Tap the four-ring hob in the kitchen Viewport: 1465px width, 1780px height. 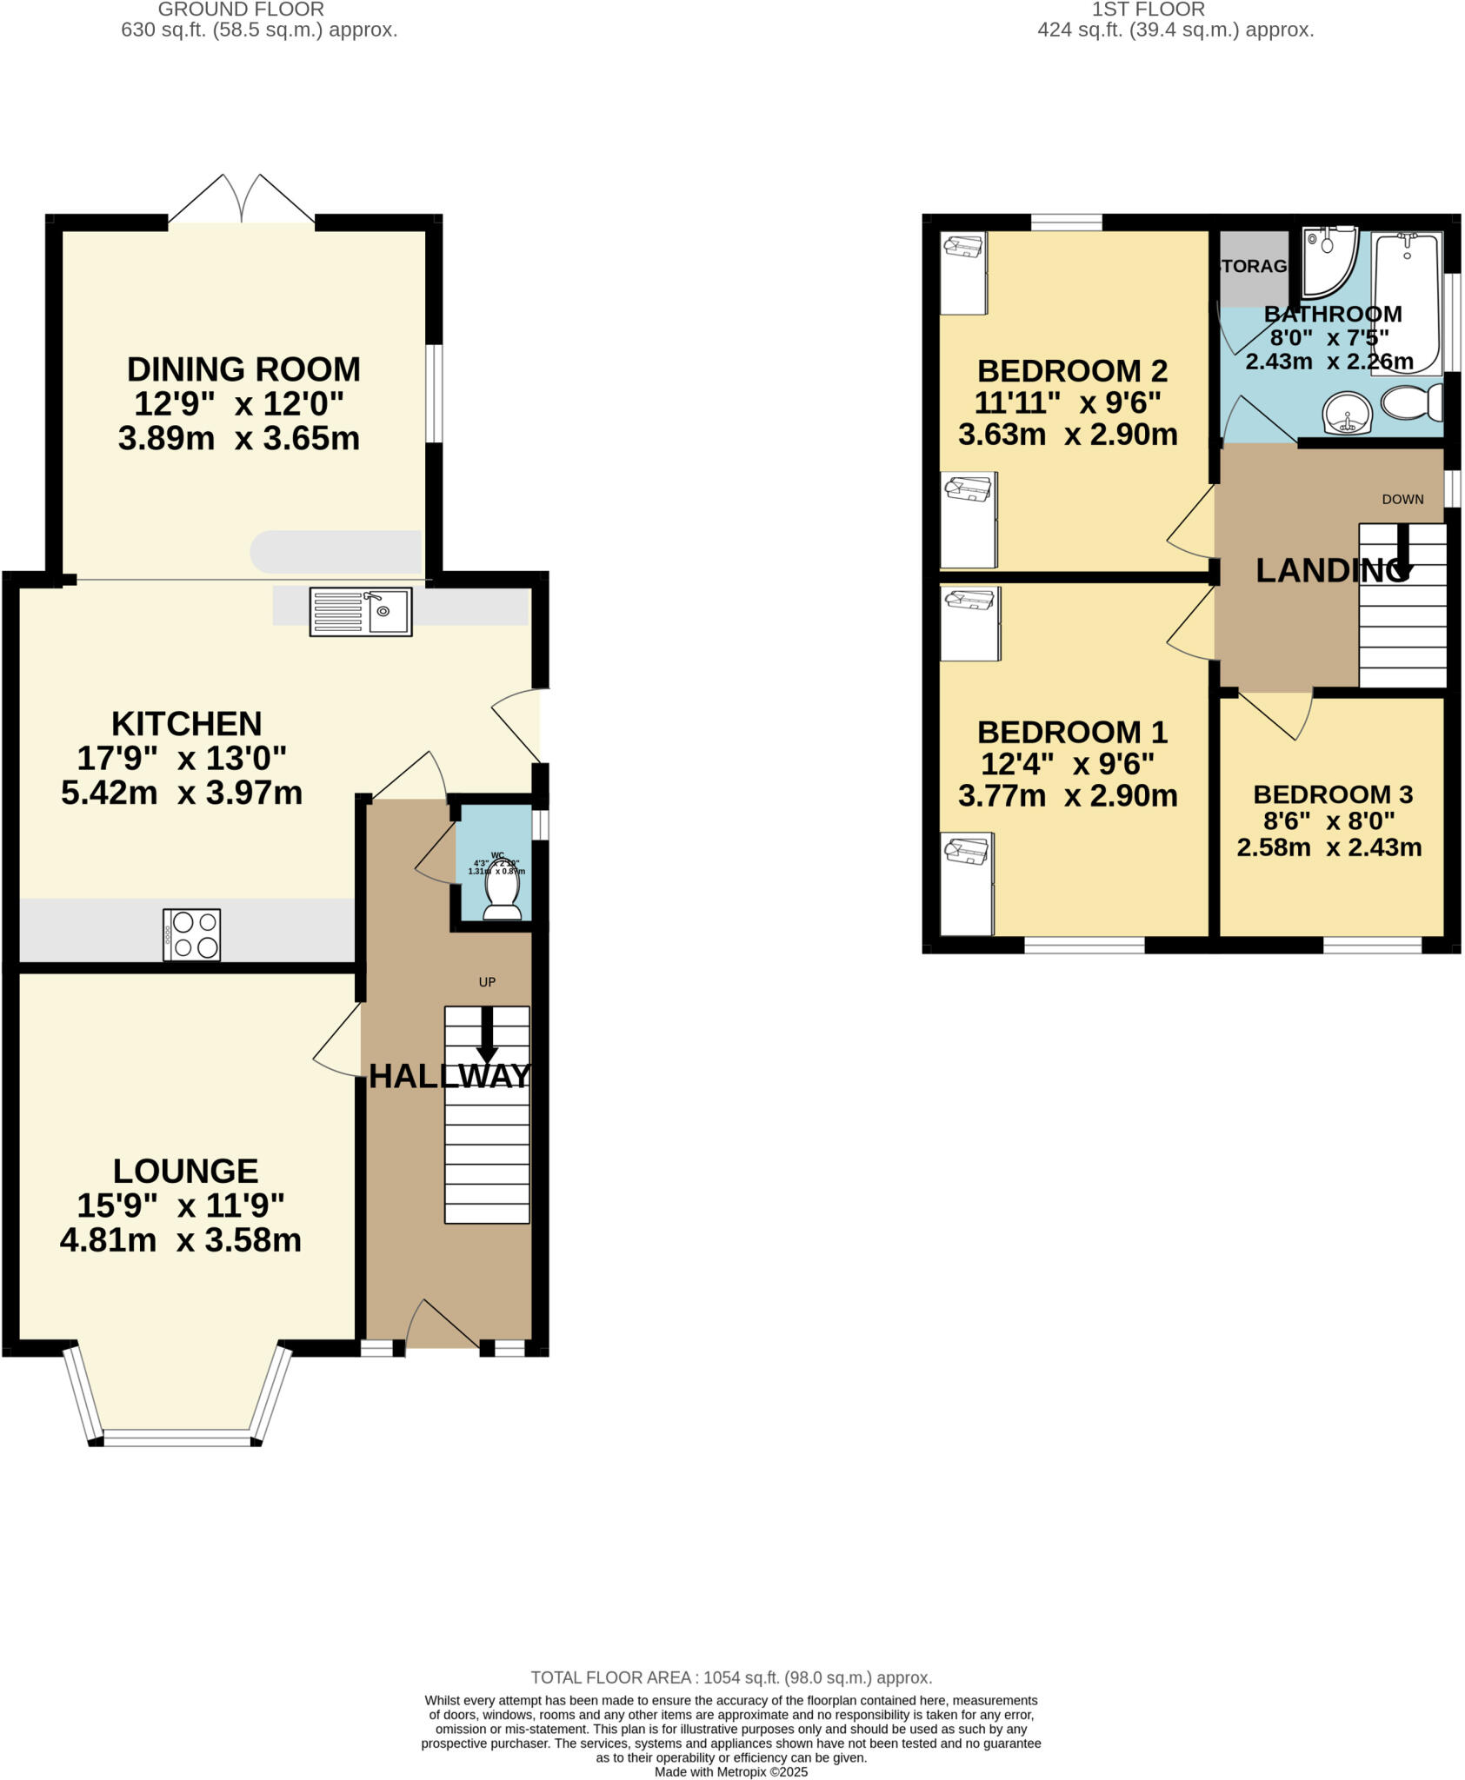pos(191,934)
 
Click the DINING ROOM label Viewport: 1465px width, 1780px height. pos(243,369)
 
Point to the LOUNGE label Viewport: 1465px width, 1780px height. pos(185,1171)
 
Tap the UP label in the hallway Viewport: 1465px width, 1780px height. pos(487,982)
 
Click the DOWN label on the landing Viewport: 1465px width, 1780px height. pos(1402,499)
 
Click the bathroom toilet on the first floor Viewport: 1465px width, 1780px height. pos(1410,403)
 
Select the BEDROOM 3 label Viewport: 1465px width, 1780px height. pos(1332,794)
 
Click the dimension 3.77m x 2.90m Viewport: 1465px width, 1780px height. pos(1068,795)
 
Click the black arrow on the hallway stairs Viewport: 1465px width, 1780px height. pos(487,1034)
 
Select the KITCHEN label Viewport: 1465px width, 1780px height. pos(186,723)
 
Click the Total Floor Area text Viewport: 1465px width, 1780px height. pos(731,1677)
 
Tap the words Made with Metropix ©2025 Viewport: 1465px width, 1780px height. pos(731,1771)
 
